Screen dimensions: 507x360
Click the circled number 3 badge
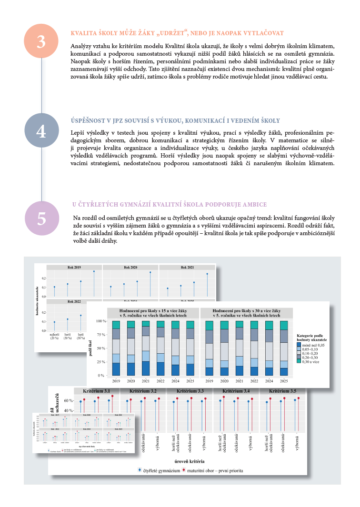[41, 41]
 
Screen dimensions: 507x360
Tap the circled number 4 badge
[41, 131]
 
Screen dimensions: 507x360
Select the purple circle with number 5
[41, 218]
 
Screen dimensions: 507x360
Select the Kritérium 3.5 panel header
[283, 391]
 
